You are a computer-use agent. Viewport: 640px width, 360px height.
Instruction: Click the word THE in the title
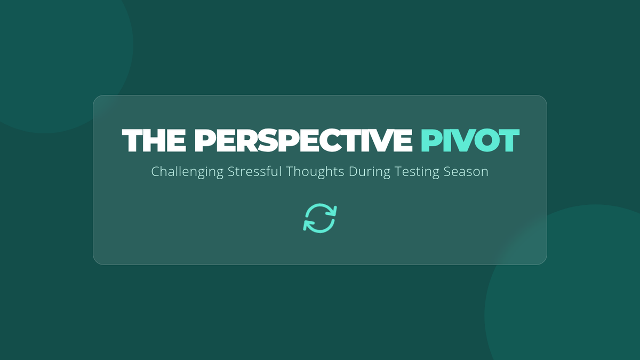coord(154,140)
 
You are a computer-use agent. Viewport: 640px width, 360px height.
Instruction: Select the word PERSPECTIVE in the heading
coord(303,140)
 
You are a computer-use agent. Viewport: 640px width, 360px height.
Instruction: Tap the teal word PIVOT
coord(470,140)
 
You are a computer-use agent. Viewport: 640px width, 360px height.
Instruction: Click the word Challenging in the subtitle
coord(187,172)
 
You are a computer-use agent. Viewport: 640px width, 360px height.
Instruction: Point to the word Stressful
coord(254,171)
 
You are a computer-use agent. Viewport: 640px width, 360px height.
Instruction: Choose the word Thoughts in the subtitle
coord(315,172)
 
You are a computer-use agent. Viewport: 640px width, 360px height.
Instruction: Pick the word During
coord(370,172)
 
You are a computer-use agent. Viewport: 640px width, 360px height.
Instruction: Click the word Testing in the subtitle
coord(417,172)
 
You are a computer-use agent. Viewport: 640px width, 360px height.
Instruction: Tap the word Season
coord(466,172)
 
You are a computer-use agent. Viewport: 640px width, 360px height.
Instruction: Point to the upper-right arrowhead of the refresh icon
coord(332,211)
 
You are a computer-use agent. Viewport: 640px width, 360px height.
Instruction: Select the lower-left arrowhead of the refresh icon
coord(308,226)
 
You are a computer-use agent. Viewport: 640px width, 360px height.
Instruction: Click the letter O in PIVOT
coord(482,140)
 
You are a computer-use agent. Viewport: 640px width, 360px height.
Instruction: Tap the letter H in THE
coord(156,140)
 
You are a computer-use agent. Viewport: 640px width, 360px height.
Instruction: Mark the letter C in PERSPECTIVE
coord(322,140)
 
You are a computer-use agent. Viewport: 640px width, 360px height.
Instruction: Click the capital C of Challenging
coord(155,171)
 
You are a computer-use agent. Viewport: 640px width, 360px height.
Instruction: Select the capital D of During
coord(354,171)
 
